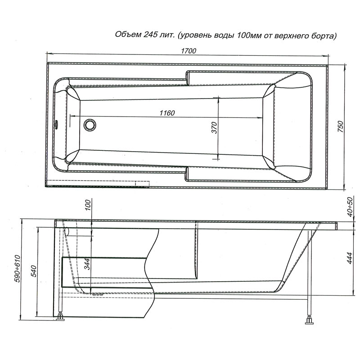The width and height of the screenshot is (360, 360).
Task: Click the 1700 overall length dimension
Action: (189, 51)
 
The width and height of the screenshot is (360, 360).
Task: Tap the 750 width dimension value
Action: (341, 126)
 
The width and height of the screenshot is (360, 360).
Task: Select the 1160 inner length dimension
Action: (167, 113)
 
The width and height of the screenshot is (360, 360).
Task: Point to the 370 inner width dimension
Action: (214, 128)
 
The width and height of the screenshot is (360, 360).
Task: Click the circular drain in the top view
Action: (90, 125)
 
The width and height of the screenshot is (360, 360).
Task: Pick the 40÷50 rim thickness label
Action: (350, 207)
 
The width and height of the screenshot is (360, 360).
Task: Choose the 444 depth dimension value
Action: (349, 258)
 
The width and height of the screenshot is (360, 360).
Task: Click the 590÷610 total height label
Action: (18, 269)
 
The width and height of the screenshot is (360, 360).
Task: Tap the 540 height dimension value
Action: (33, 271)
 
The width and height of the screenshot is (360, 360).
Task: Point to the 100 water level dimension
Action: (88, 205)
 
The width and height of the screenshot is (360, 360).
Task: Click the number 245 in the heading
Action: (151, 35)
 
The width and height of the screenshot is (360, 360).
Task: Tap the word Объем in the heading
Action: (128, 35)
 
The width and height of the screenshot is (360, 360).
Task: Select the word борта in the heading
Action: (323, 36)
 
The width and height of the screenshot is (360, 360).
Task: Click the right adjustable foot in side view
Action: (309, 320)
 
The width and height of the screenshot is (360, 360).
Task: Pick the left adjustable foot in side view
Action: (61, 316)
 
